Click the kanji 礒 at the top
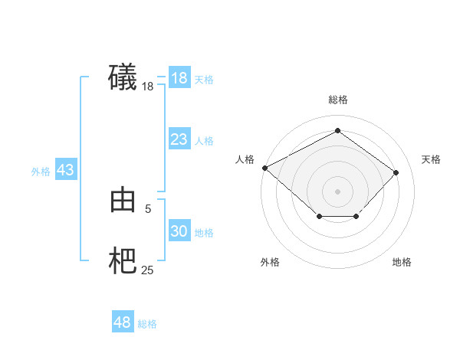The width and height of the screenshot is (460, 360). (123, 77)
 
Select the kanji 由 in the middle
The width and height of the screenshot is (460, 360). (123, 201)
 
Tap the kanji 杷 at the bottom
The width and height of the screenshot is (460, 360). (123, 262)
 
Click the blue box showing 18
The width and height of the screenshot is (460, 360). (179, 78)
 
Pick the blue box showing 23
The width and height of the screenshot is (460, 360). (179, 139)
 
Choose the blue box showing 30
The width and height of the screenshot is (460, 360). (179, 231)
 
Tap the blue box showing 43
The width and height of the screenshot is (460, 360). (65, 170)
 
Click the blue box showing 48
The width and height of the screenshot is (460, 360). (123, 322)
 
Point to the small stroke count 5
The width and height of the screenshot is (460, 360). (148, 208)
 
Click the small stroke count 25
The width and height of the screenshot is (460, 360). (148, 270)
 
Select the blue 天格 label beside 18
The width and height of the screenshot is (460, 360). (204, 80)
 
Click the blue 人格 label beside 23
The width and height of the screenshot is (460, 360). (204, 141)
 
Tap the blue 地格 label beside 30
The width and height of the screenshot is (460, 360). (204, 233)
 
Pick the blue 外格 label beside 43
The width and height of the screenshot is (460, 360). (41, 172)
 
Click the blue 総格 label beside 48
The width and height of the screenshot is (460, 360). (147, 324)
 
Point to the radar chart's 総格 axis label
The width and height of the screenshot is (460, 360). (338, 100)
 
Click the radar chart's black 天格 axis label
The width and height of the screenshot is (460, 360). (431, 159)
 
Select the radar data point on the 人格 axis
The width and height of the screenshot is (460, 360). (264, 168)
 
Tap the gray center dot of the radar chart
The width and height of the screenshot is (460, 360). (338, 191)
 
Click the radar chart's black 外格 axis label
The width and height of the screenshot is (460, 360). (270, 262)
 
